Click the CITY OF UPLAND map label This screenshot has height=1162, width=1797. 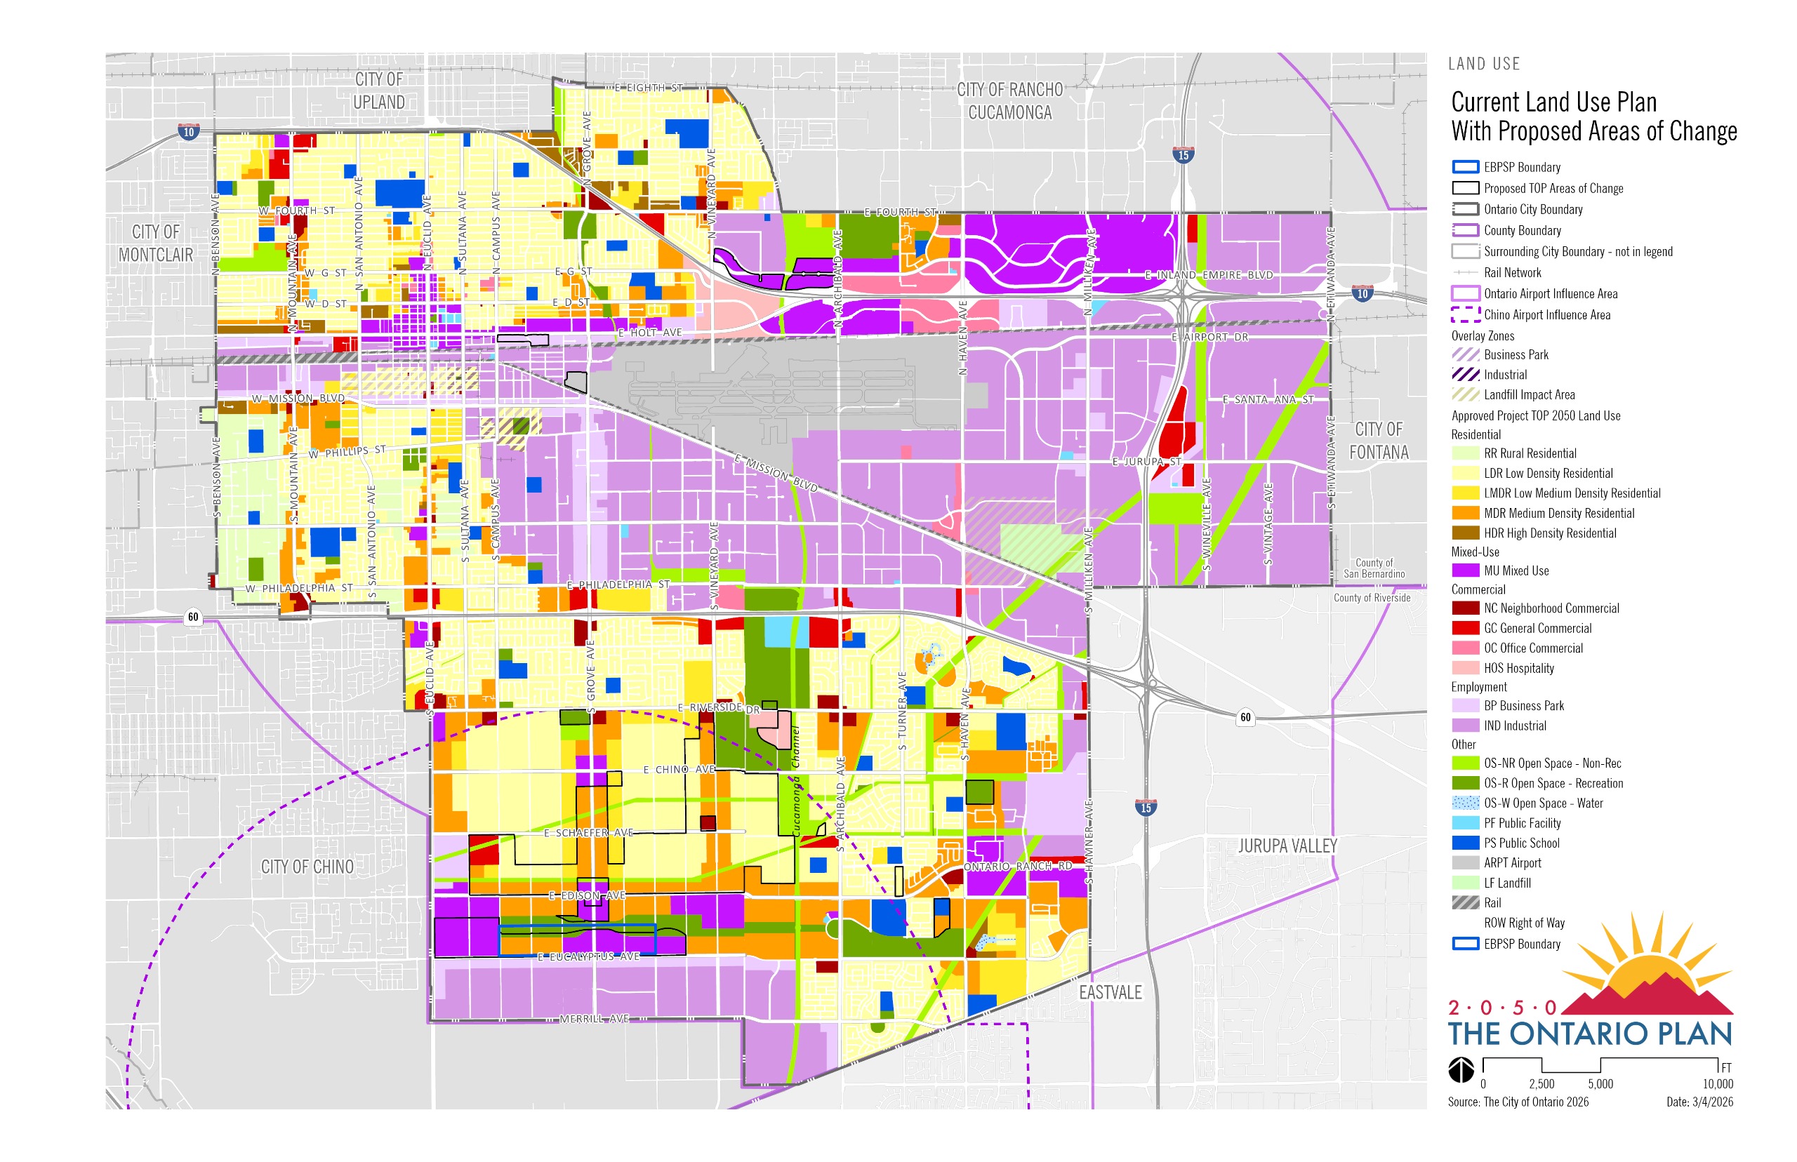(x=378, y=91)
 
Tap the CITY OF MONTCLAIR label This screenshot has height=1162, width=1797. (x=155, y=243)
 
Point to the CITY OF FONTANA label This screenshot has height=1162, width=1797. (x=1378, y=441)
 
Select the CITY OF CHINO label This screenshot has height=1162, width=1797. (x=307, y=867)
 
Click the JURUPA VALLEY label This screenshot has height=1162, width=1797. (x=1287, y=846)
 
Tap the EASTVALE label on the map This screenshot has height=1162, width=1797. (x=1110, y=992)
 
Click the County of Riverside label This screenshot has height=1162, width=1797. (x=1372, y=598)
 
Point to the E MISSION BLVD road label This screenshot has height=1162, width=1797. (x=776, y=473)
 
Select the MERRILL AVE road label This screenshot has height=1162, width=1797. (x=593, y=1019)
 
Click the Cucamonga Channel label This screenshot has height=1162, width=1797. (x=795, y=780)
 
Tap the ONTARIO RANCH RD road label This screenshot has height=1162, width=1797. (x=1017, y=866)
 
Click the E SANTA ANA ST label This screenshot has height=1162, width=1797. (x=1267, y=399)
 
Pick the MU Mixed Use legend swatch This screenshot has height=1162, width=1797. (x=1464, y=570)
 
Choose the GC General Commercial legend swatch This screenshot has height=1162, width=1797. (x=1464, y=628)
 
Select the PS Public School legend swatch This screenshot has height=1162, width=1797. (x=1464, y=843)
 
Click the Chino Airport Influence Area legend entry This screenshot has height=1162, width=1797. (x=1546, y=314)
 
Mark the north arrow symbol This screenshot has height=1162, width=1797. (x=1461, y=1069)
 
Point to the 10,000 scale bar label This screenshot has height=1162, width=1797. (x=1717, y=1084)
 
